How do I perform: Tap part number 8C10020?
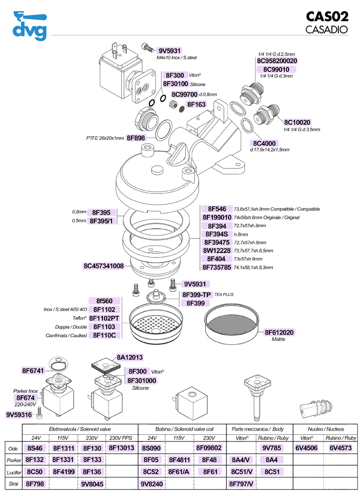point(297,122)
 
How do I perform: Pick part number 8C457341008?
point(103,266)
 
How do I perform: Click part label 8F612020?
point(279,333)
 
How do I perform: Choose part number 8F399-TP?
point(197,295)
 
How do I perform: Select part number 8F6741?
point(33,371)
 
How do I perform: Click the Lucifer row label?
point(13,471)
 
